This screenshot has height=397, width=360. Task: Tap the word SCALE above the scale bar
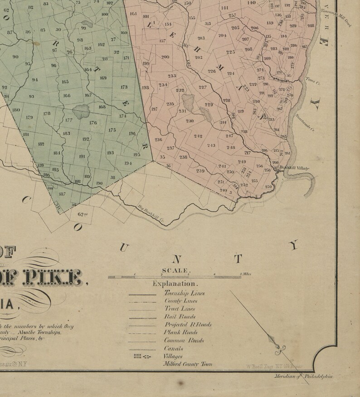176,270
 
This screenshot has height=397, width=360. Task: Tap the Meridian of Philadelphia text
303,377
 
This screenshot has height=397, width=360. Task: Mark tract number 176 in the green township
93,123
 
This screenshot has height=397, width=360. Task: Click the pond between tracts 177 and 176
81,109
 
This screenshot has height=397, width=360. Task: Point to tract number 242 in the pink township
198,136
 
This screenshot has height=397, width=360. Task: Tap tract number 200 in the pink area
165,57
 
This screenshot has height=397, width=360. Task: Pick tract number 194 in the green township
128,163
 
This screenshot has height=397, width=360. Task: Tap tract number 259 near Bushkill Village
268,186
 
